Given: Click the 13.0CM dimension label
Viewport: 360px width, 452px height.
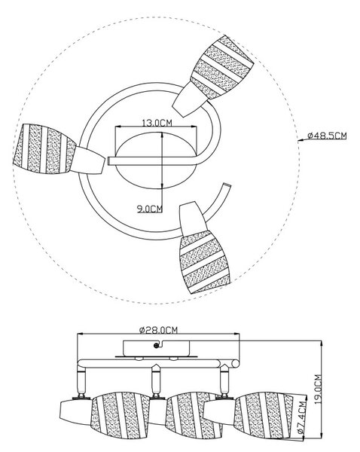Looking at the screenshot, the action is [157, 123].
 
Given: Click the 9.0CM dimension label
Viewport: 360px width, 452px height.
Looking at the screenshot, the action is [150, 208].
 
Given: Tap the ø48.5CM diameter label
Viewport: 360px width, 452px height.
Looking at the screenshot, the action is [327, 135].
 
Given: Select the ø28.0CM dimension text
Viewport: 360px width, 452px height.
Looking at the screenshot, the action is [158, 330].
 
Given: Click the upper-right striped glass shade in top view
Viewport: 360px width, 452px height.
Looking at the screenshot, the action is [222, 67].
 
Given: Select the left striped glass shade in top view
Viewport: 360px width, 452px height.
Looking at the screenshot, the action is [44, 148].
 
